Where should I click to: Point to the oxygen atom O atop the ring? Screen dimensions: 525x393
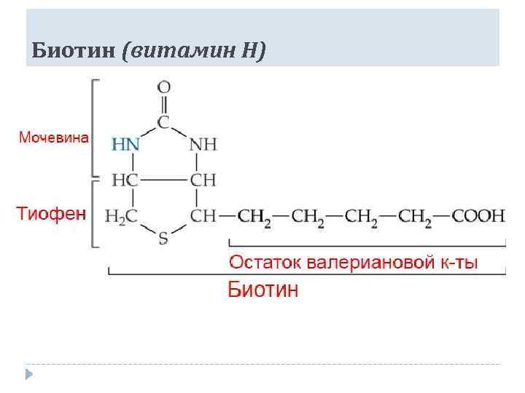(164, 87)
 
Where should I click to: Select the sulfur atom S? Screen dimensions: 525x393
(163, 239)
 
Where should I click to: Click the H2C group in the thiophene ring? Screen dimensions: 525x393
(121, 216)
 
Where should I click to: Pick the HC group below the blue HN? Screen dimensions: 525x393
(125, 180)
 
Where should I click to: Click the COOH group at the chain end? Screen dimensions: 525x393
(478, 216)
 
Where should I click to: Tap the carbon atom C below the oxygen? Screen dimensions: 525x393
(164, 121)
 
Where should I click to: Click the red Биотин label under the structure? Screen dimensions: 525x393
(263, 290)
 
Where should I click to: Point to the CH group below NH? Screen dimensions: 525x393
(203, 180)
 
